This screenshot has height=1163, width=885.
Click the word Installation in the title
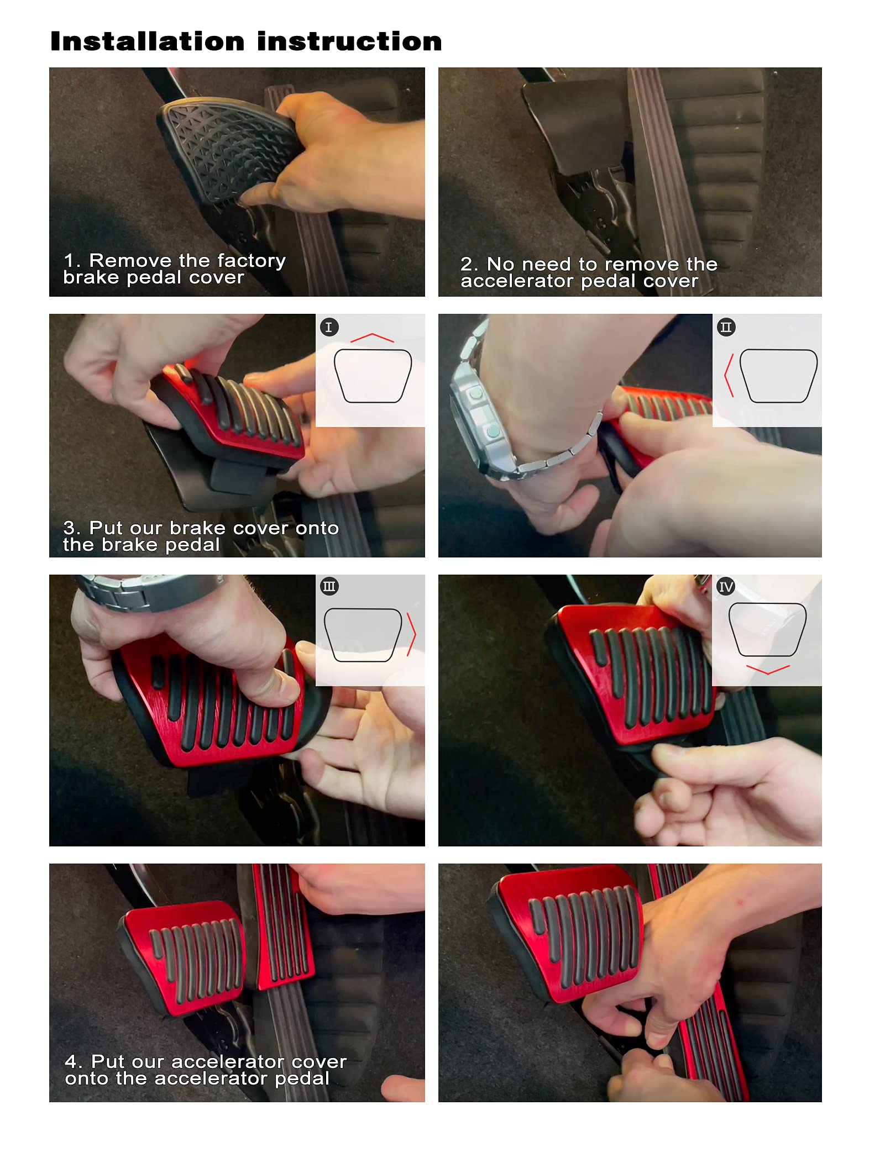click(x=147, y=41)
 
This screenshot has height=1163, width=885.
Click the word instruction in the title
click(x=349, y=41)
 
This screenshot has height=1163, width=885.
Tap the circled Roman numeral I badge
click(x=329, y=327)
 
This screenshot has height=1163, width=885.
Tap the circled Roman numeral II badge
click(x=726, y=327)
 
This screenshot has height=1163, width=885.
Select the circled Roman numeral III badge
click(x=329, y=586)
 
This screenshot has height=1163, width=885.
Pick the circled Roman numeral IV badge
click(x=726, y=586)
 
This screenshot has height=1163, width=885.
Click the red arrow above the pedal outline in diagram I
click(x=372, y=337)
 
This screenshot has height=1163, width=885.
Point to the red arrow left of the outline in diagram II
click(x=729, y=375)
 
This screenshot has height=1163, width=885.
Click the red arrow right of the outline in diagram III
click(x=411, y=634)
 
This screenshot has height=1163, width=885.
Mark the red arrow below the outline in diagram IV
click(x=767, y=670)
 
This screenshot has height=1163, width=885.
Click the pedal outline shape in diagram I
click(x=373, y=376)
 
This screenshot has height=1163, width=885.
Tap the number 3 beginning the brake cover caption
click(x=69, y=528)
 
